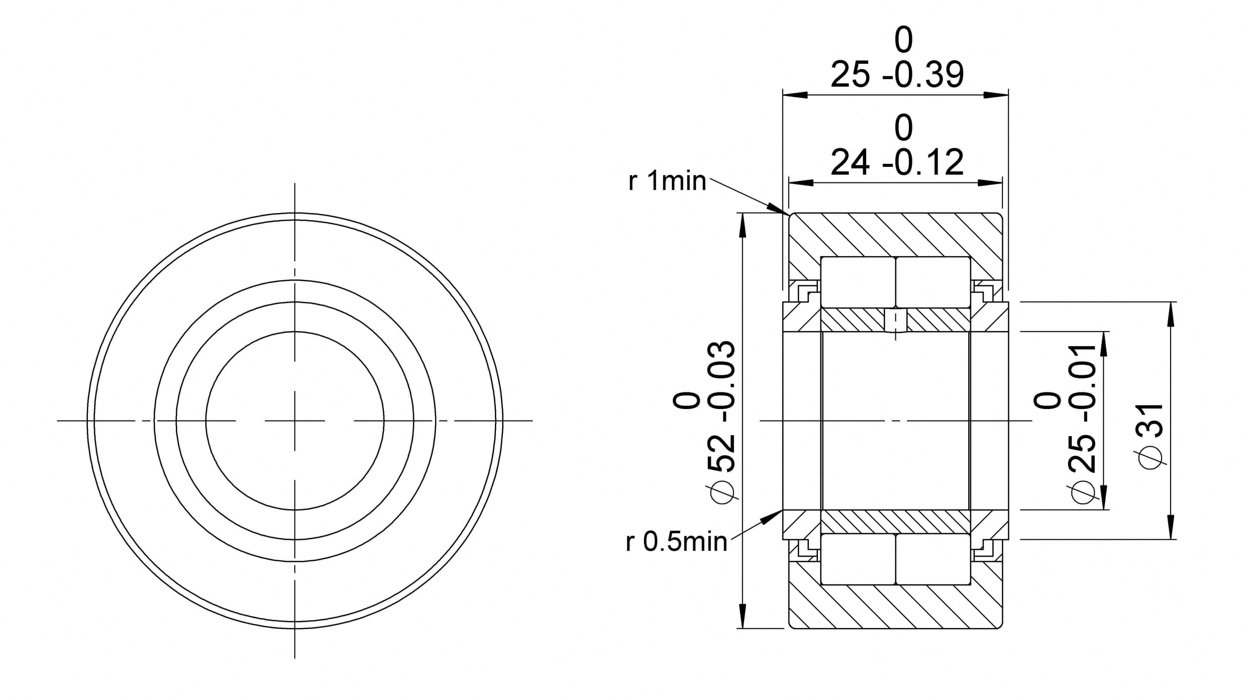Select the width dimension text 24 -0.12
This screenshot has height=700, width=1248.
coord(897,162)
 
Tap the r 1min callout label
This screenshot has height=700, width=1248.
coord(667,181)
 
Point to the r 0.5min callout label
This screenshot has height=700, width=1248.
coord(676,542)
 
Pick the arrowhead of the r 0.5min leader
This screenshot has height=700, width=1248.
coord(772,516)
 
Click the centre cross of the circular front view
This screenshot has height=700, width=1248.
coord(295,420)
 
